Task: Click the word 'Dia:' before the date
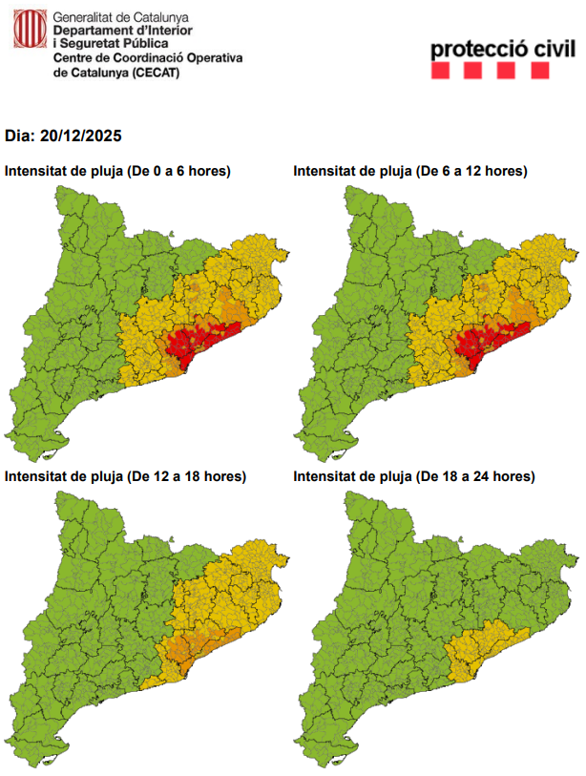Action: point(20,136)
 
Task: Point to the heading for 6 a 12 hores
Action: point(410,171)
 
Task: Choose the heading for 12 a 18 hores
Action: point(125,475)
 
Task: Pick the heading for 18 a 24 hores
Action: point(414,475)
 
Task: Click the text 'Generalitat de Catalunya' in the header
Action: point(121,17)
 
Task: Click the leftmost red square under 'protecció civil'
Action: point(441,70)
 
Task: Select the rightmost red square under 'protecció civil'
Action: point(540,70)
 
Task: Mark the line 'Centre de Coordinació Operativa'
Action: point(148,58)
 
